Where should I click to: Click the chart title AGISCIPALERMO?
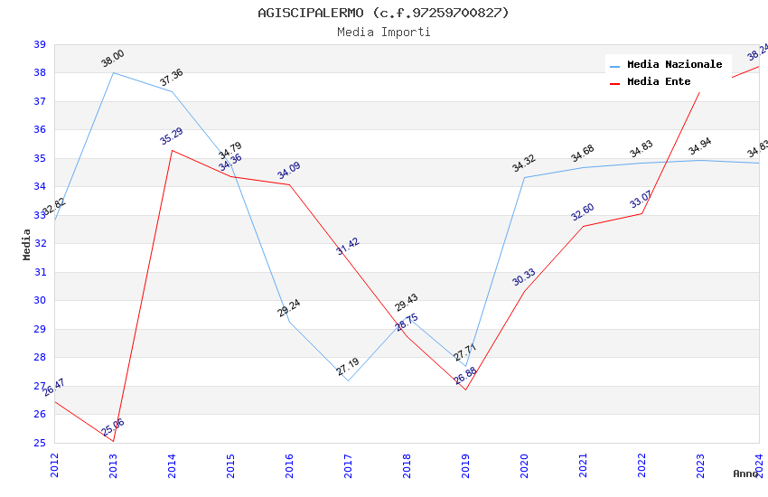[x=383, y=13]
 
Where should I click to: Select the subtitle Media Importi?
[x=383, y=33]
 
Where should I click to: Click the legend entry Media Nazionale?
[x=674, y=65]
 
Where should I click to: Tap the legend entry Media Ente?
[x=658, y=82]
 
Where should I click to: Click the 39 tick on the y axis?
[x=40, y=44]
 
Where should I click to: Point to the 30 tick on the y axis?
[x=40, y=301]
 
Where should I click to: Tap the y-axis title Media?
[x=27, y=244]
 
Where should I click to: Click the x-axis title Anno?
[x=745, y=474]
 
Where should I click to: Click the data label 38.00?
[x=113, y=60]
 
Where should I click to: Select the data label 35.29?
[x=172, y=136]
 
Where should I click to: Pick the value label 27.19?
[x=348, y=366]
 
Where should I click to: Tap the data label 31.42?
[x=348, y=247]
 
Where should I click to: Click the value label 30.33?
[x=524, y=277]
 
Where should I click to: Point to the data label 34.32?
[x=524, y=163]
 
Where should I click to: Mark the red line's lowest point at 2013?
[x=113, y=441]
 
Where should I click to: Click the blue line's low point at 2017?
[x=348, y=380]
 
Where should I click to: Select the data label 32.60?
[x=583, y=212]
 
